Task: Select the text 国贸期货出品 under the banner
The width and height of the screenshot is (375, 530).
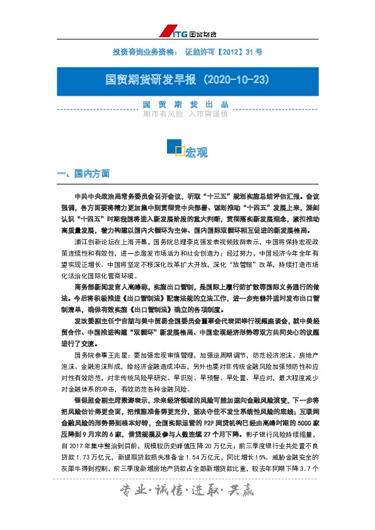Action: coord(186,104)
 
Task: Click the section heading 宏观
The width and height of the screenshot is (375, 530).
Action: coord(196,153)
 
